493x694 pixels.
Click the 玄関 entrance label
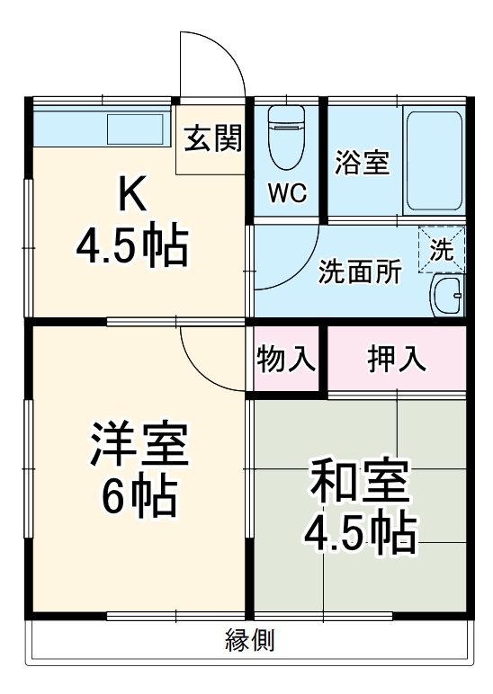(x=213, y=139)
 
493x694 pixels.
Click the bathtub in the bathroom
(x=434, y=160)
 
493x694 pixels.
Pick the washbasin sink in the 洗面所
(x=446, y=294)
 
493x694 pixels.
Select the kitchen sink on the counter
(x=136, y=129)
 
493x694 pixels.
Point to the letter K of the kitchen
(x=133, y=191)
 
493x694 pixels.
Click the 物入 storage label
(x=286, y=359)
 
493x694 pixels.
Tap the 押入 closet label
(x=396, y=359)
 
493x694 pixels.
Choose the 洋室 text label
(x=139, y=445)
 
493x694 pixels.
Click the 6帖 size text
(x=139, y=494)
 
